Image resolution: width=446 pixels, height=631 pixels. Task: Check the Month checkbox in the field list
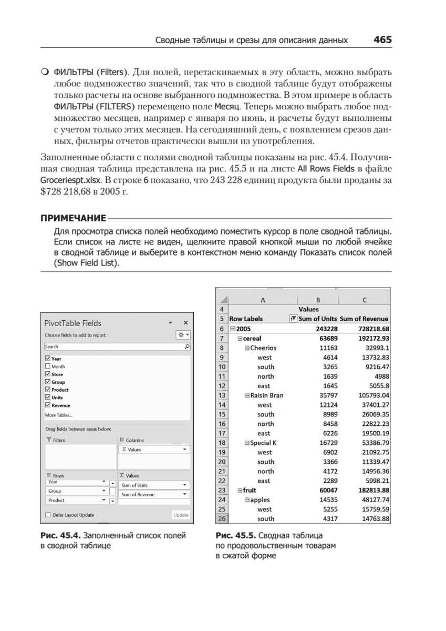[48, 367]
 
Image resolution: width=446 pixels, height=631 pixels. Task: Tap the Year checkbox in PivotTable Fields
[48, 359]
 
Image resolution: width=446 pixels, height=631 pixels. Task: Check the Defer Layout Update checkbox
[48, 515]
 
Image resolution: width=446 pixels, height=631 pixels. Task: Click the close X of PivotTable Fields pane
[185, 323]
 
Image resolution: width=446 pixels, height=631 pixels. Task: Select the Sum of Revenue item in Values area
[153, 494]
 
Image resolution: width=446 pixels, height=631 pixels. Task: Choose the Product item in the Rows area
[77, 501]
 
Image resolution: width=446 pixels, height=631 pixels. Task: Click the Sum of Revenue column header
[364, 319]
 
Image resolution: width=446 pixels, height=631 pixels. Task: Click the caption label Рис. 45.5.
[234, 536]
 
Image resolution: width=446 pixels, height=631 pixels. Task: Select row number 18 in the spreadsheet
[222, 443]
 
